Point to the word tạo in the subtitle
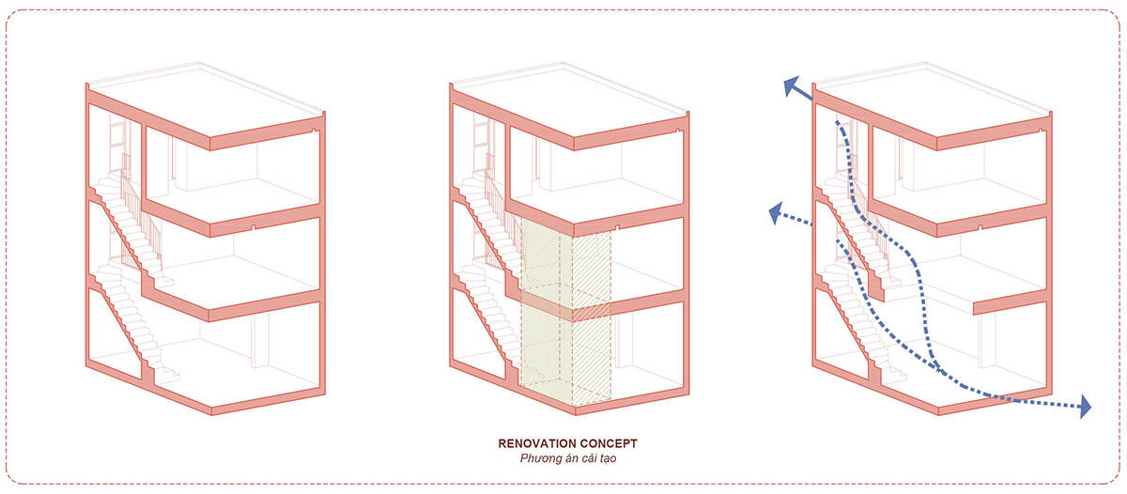point(608,458)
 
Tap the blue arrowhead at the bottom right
point(1086,407)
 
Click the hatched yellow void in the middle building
point(566,312)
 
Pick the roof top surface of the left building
point(207,100)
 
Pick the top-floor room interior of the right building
point(960,171)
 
